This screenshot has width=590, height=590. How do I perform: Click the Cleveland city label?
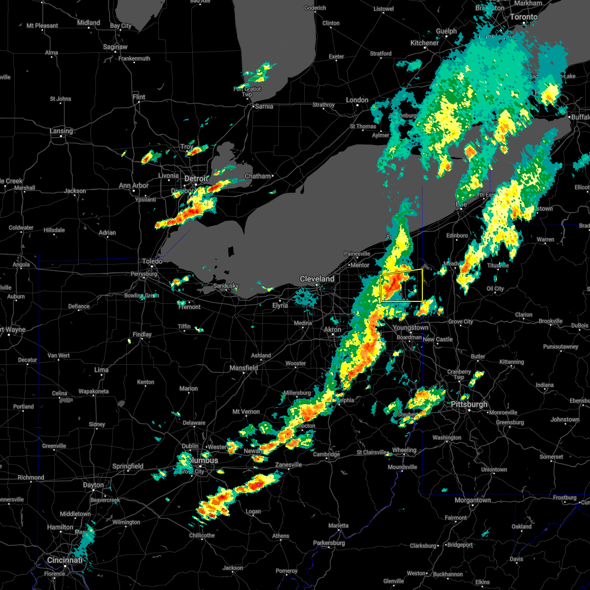[x=317, y=279]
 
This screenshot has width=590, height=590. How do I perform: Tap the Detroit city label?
[x=196, y=178]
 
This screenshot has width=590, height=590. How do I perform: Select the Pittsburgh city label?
[x=469, y=404]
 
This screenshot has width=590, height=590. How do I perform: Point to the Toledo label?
[x=153, y=262]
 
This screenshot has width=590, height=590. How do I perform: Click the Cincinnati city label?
[x=65, y=560]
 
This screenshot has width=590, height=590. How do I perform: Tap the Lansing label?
[x=61, y=131]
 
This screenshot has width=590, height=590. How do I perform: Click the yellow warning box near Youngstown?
[x=401, y=285]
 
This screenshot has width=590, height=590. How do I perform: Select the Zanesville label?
[x=288, y=465]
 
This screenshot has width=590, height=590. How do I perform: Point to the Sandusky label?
[x=226, y=286]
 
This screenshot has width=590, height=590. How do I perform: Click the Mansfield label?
[x=244, y=368]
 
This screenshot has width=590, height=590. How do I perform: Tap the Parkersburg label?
[x=332, y=543]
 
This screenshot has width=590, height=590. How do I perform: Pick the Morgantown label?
[x=472, y=500]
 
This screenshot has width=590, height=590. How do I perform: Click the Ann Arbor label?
[x=133, y=185]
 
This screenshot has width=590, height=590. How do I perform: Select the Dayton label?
[x=93, y=485]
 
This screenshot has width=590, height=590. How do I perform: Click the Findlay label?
[x=142, y=334]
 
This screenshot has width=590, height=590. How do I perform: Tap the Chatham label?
[x=258, y=176]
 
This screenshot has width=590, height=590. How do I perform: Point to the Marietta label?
[x=339, y=526]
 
